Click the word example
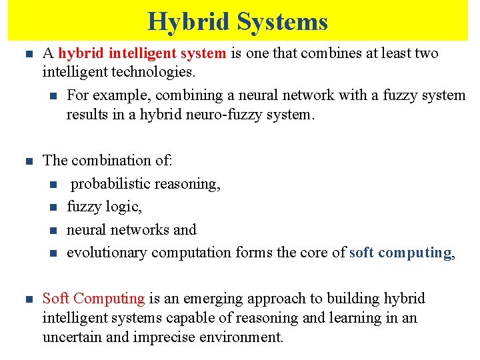[121, 95]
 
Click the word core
[319, 252]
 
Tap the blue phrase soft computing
[400, 252]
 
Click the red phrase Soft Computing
[93, 298]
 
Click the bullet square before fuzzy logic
[53, 207]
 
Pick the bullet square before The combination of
[28, 161]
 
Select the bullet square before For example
[53, 96]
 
